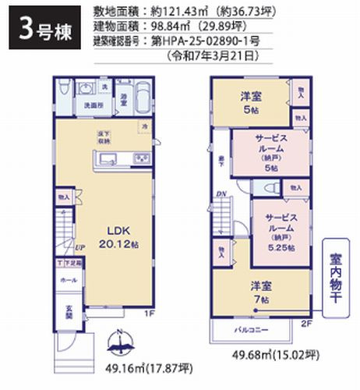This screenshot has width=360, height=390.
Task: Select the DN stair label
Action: [221, 194]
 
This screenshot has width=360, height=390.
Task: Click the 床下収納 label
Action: [104, 136]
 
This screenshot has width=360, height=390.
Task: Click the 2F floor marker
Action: [306, 320]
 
